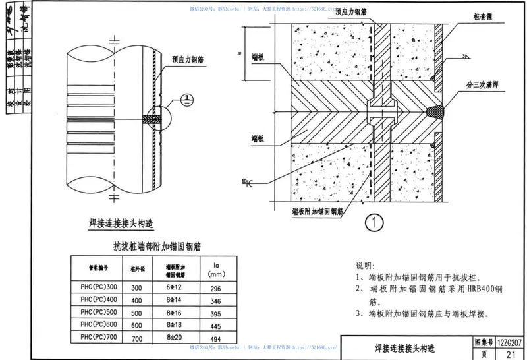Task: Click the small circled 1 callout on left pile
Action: pyautogui.click(x=187, y=100)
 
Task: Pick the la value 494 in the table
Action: pyautogui.click(x=216, y=338)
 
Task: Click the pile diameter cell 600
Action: pyautogui.click(x=137, y=325)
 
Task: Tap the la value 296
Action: pyautogui.click(x=216, y=287)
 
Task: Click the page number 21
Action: pyautogui.click(x=510, y=354)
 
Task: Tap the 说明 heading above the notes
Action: pyautogui.click(x=364, y=264)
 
